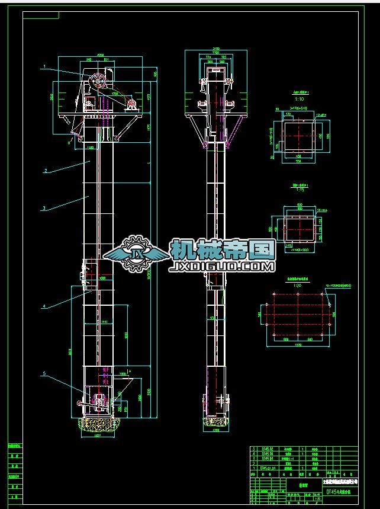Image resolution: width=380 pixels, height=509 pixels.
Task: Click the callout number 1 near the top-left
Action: tap(44, 67)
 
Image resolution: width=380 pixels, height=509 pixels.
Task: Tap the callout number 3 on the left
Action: tap(44, 209)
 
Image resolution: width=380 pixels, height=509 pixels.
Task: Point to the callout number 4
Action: tap(44, 306)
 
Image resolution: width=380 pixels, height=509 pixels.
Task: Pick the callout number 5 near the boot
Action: tap(44, 374)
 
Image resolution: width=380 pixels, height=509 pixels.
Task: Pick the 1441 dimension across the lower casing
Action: tap(104, 321)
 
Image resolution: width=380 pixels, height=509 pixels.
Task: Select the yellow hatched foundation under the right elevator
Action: tap(216, 422)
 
